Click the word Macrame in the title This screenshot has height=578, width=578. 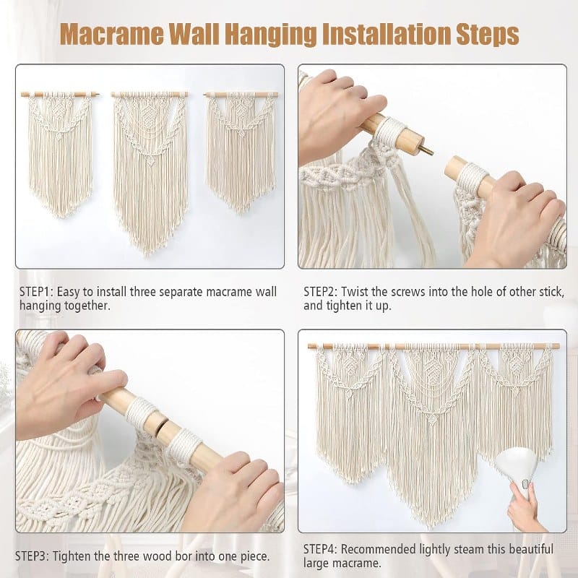coord(113,35)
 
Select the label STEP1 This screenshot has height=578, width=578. coord(37,292)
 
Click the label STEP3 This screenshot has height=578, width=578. coord(32,556)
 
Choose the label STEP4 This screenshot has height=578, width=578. coord(320,549)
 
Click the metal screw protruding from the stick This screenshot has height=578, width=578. coord(427,150)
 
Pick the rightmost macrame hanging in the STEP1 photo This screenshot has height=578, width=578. coord(241,151)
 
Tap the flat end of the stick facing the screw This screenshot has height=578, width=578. coord(452,167)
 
